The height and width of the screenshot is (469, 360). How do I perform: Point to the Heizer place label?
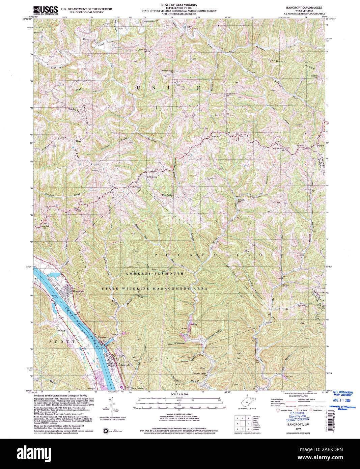286,285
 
